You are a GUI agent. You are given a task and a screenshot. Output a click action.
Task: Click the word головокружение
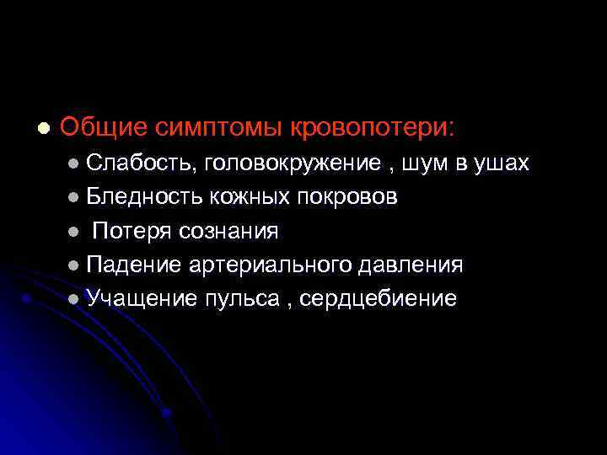[x=292, y=163]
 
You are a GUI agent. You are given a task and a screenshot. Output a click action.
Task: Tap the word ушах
[x=502, y=163]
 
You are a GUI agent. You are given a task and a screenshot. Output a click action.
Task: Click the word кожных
[x=244, y=197]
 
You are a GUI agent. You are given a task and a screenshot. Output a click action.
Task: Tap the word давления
[x=411, y=265]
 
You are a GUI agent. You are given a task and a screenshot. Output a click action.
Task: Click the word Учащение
[x=140, y=298]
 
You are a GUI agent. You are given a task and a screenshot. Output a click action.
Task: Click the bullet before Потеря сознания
[x=74, y=231]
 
